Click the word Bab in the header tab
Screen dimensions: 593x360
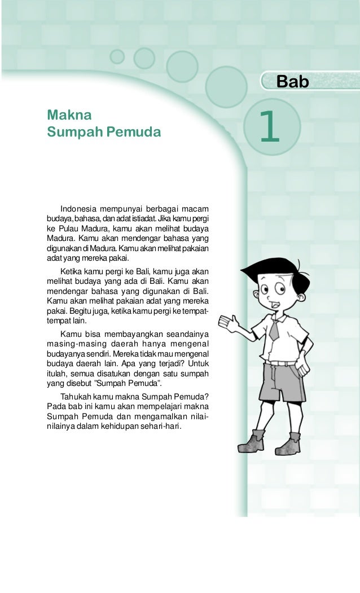coord(293,82)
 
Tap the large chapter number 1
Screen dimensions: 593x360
coord(269,127)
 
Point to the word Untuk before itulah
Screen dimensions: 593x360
coord(198,363)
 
